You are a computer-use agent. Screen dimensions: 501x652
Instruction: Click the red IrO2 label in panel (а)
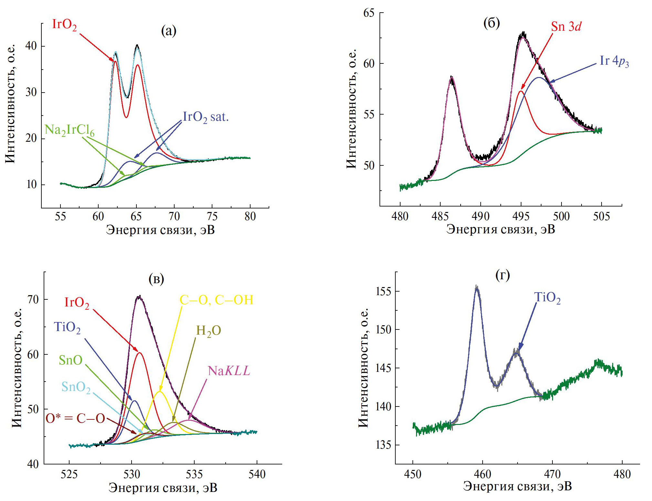[64, 25]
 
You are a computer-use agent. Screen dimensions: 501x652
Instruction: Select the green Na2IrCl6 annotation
[69, 130]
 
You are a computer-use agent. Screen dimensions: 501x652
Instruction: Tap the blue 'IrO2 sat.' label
[206, 117]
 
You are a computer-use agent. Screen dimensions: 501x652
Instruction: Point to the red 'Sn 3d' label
[566, 27]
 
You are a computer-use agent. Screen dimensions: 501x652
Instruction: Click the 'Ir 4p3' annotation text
[614, 61]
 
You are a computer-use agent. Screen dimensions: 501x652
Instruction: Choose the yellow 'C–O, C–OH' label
[216, 300]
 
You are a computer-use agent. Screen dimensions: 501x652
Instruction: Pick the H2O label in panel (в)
[208, 331]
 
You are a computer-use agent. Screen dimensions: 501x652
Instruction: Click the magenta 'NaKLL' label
[229, 371]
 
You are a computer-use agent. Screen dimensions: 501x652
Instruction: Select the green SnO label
[70, 360]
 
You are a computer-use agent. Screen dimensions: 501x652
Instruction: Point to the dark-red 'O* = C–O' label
[75, 418]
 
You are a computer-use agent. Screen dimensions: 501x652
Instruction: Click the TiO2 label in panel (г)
[547, 297]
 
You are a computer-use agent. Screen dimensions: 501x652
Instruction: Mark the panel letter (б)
[491, 23]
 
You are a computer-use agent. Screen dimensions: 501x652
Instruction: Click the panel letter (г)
[503, 275]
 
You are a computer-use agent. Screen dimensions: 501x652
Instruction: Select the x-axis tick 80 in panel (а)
[250, 216]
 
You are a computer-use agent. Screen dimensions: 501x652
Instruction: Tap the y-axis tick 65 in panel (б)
[369, 13]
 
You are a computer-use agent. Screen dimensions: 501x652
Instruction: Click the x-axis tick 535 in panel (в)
[194, 474]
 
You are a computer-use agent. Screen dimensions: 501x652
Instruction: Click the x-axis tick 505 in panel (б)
[601, 216]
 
